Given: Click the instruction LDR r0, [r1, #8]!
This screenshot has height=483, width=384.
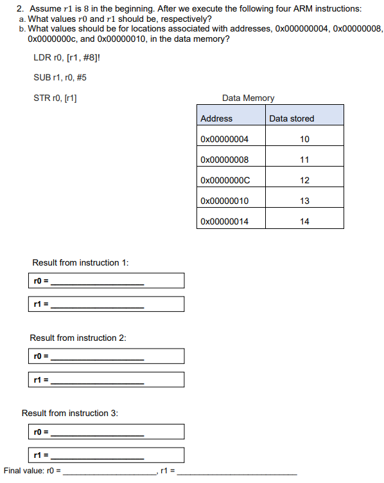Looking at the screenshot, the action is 67,58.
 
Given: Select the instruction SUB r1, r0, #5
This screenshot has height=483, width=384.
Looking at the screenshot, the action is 60,78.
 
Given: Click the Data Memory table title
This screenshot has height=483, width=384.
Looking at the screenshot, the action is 248,98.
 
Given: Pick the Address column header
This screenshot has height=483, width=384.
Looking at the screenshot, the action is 216,118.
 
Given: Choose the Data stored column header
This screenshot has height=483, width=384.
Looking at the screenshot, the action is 292,118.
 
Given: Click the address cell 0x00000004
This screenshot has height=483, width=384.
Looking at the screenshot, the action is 224,139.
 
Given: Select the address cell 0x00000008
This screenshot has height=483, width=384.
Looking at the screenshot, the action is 224,159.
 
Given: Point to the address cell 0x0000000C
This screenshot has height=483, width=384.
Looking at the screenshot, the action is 225,180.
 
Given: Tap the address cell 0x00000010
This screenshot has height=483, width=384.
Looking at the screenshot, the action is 224,201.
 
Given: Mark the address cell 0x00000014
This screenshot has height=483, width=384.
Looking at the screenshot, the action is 224,221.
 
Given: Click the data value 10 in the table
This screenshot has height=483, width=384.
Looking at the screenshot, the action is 304,139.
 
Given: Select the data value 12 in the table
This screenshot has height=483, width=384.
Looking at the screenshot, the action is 304,180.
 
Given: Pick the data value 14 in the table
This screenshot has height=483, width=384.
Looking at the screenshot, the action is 304,221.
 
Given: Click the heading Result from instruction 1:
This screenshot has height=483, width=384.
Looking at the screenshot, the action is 80,262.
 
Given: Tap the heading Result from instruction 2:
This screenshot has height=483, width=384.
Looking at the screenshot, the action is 78,338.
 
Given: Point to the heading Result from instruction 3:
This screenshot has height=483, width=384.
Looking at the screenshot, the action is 70,413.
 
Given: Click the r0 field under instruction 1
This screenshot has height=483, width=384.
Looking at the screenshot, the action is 107,280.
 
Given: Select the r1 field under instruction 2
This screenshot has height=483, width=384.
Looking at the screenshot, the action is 107,379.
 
